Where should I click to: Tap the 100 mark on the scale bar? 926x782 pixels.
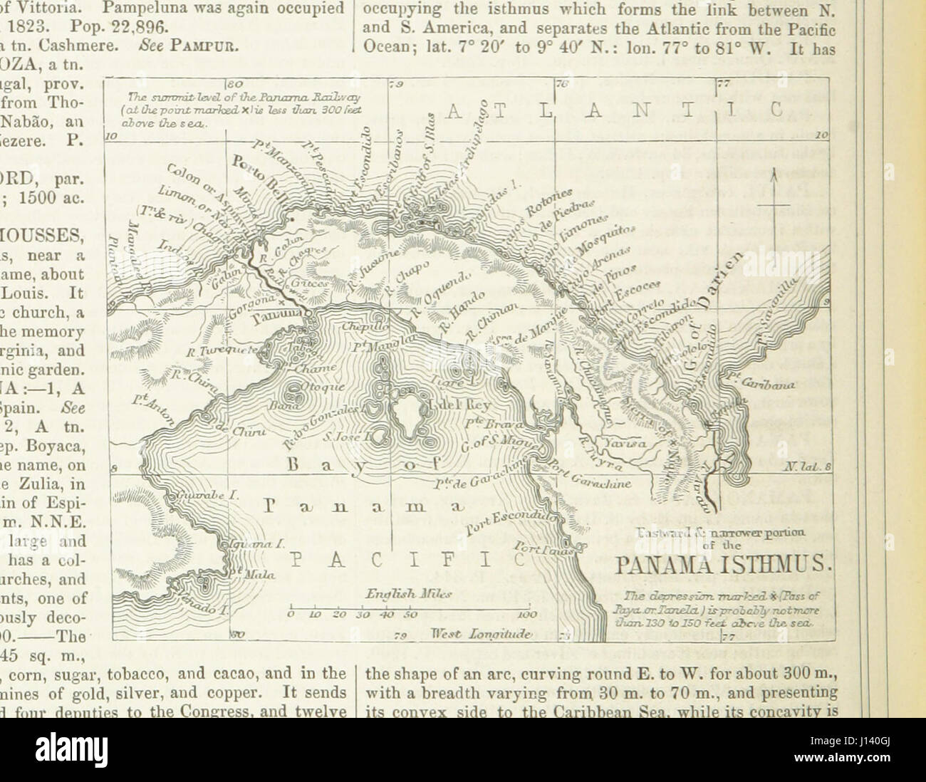[526, 614]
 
